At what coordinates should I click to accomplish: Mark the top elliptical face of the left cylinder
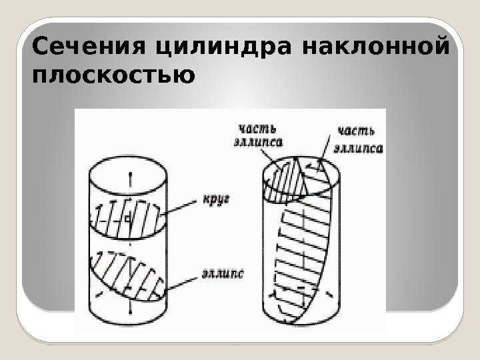[x=129, y=170]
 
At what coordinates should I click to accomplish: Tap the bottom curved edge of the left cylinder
[x=129, y=319]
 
